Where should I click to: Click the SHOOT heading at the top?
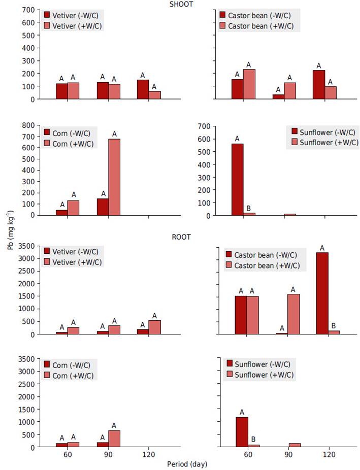pyautogui.click(x=181, y=5)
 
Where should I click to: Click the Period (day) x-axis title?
pyautogui.click(x=187, y=463)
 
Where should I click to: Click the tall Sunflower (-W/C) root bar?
pyautogui.click(x=242, y=432)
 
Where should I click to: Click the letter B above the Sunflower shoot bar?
pyautogui.click(x=249, y=208)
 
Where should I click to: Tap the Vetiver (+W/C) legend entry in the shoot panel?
pyautogui.click(x=74, y=25)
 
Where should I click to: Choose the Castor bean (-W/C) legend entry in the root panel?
pyautogui.click(x=262, y=255)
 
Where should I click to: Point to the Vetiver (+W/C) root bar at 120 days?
pyautogui.click(x=154, y=327)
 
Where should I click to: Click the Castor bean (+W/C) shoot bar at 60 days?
pyautogui.click(x=249, y=84)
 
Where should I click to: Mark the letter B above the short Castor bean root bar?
pyautogui.click(x=334, y=326)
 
